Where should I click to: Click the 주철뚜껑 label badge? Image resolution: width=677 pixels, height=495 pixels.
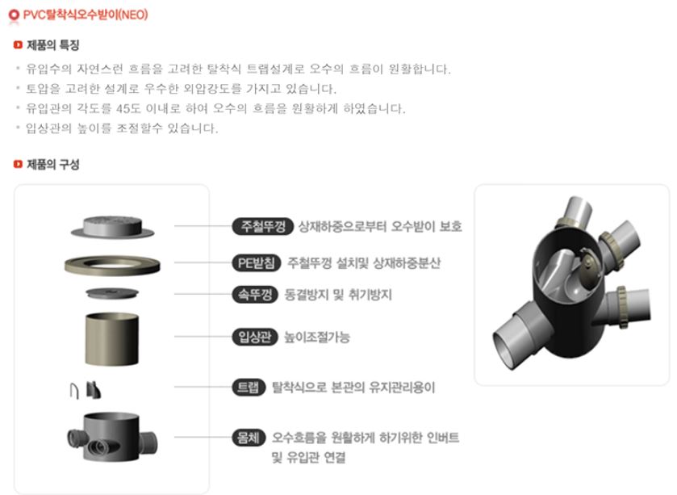[x=263, y=226]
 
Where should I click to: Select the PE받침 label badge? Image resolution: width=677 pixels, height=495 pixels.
[x=257, y=262]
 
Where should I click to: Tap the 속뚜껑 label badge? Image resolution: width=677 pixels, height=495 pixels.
[x=255, y=295]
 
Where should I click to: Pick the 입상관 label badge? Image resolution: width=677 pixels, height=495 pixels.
[x=255, y=337]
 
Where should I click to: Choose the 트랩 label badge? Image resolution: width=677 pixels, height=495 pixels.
[x=249, y=387]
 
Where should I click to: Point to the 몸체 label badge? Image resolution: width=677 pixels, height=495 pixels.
[x=249, y=437]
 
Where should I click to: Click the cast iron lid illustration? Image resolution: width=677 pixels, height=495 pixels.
[x=112, y=227]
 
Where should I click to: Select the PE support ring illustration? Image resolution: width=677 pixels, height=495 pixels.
[x=112, y=264]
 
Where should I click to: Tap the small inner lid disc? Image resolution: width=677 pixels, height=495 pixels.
[x=112, y=293]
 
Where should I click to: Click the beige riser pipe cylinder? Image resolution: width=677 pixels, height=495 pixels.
[x=112, y=339]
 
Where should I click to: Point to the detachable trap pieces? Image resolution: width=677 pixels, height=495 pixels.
[x=86, y=390]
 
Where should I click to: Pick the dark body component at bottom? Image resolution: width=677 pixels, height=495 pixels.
[x=112, y=437]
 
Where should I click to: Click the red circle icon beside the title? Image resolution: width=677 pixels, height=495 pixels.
[x=14, y=15]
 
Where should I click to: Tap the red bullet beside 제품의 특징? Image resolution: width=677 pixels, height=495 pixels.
[x=18, y=45]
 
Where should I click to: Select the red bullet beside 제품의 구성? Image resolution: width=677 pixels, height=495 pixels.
[x=18, y=164]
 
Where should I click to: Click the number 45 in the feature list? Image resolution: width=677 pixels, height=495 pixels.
[x=123, y=108]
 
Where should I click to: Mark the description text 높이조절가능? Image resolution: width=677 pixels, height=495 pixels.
[x=317, y=337]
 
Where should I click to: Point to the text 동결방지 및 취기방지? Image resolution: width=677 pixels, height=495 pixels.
[x=338, y=295]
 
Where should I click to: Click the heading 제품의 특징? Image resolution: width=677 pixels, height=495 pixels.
[x=52, y=45]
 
